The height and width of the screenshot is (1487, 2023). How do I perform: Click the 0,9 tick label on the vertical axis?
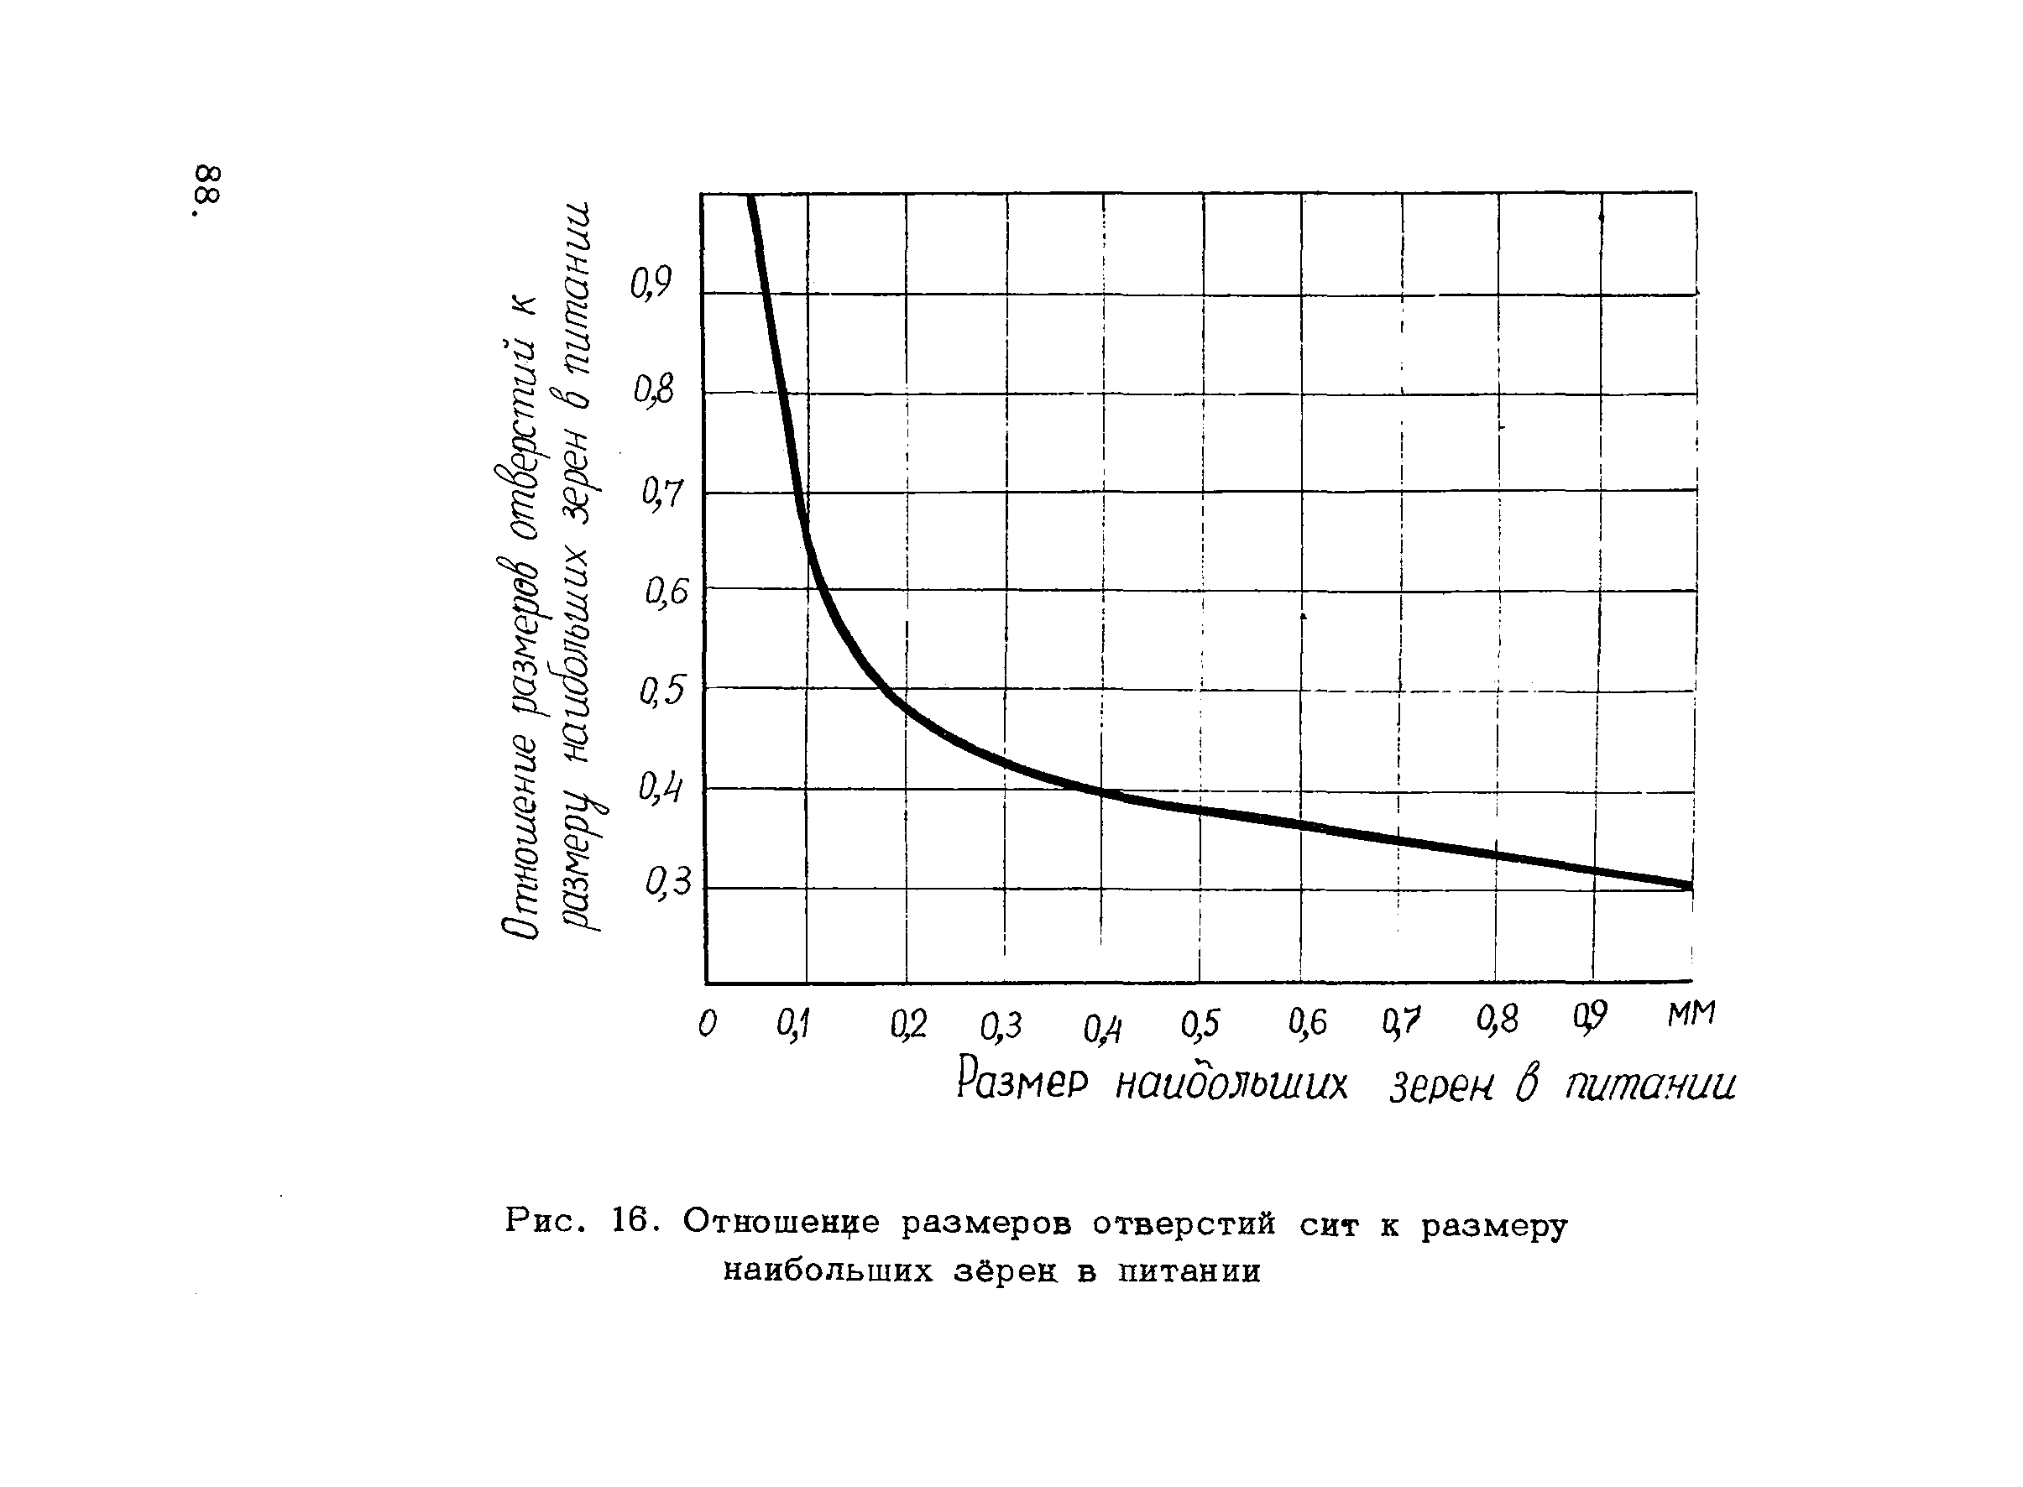point(651,285)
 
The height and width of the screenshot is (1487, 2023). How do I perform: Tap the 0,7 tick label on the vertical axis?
point(662,493)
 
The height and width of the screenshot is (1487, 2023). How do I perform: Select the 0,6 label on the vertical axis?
point(666,592)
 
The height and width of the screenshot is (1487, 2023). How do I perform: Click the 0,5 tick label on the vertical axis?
point(662,691)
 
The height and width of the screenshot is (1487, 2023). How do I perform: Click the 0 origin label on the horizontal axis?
point(708,1024)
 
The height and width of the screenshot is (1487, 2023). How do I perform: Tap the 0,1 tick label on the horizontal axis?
point(793,1025)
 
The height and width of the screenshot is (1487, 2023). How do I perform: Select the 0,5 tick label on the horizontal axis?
point(1200,1024)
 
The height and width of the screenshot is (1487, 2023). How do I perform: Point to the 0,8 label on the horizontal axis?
point(1498,1020)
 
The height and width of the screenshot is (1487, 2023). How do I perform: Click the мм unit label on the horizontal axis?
point(1691,1015)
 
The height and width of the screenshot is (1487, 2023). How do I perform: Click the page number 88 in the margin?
point(206,190)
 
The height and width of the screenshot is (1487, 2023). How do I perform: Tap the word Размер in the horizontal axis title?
point(1022,1081)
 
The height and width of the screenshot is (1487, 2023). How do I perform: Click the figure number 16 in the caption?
point(630,1222)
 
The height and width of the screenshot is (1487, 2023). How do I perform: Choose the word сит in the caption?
point(1328,1225)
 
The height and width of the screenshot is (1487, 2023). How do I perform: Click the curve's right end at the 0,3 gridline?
point(1690,885)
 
